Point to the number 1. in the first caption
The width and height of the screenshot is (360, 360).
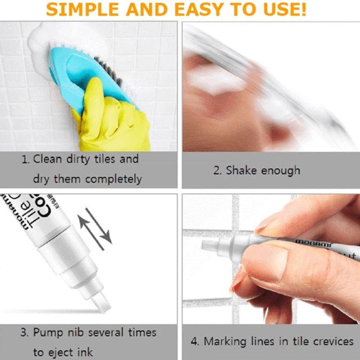point(26,159)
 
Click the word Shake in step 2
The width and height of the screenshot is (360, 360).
point(242,170)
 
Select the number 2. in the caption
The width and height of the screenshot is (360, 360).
point(218,170)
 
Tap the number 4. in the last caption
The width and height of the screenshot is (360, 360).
point(195,342)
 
